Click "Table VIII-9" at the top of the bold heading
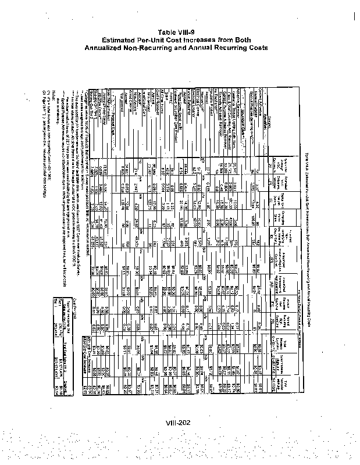180,33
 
